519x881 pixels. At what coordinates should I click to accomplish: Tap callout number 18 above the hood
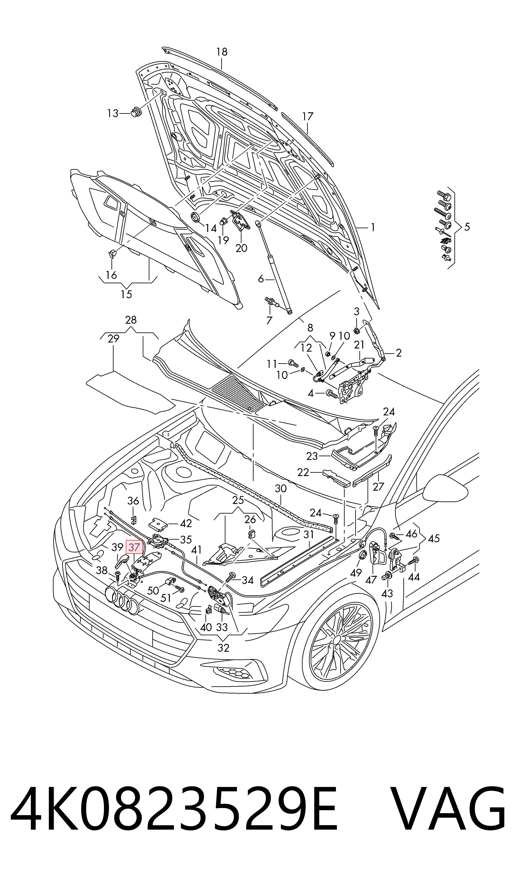(x=222, y=52)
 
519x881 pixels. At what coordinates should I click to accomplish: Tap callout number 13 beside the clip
(x=113, y=113)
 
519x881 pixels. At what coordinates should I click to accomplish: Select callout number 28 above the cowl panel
(x=131, y=320)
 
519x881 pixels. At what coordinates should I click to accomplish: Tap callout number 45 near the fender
(x=433, y=538)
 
